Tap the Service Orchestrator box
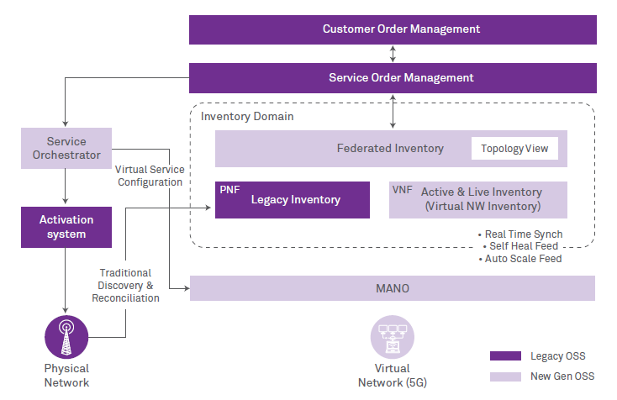click(66, 148)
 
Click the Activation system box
click(66, 227)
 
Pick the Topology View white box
click(514, 149)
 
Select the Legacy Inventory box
click(293, 200)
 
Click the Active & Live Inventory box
click(478, 199)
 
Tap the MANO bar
click(393, 288)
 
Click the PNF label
click(229, 190)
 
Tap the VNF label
click(402, 190)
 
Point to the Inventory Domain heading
click(247, 116)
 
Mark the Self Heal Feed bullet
click(524, 246)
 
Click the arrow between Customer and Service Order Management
click(393, 54)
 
